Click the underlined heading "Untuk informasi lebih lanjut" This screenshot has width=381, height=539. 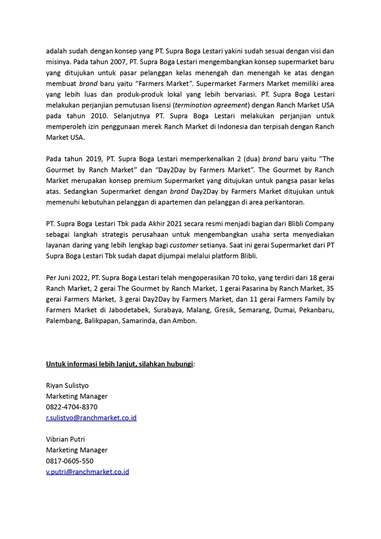tap(119, 364)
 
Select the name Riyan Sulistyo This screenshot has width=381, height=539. tap(67, 386)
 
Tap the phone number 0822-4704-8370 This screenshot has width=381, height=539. tap(71, 407)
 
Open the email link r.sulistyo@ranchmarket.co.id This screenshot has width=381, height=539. tap(91, 418)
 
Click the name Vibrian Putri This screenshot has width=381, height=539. tap(65, 439)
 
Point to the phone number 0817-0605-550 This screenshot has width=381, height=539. tap(70, 461)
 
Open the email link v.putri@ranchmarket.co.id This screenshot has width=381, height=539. tap(87, 472)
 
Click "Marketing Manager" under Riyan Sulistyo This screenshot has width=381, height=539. tap(76, 396)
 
